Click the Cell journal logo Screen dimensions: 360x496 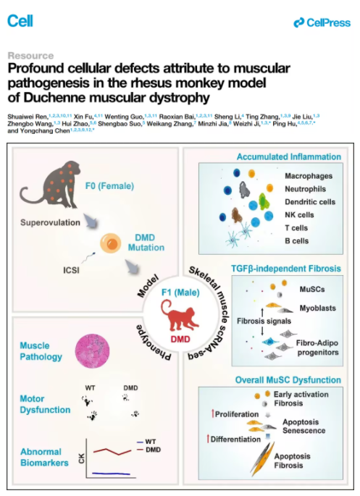[x=20, y=21]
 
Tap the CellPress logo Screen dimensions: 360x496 [x=322, y=22]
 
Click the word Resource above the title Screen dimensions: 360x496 [x=30, y=56]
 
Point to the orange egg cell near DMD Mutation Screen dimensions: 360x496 [x=111, y=243]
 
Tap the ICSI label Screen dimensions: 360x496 [x=71, y=270]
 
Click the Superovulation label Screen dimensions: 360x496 [x=50, y=222]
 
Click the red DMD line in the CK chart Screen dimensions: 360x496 [x=112, y=451]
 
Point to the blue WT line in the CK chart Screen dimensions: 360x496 [x=111, y=474]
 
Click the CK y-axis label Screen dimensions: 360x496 [x=81, y=458]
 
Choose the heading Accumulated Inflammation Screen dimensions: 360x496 [x=289, y=156]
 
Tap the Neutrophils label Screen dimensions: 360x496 [x=305, y=189]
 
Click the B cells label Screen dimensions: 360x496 [x=297, y=240]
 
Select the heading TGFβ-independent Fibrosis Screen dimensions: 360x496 [x=286, y=269]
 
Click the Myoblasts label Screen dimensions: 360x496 [x=317, y=308]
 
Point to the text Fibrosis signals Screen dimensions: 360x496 [x=264, y=321]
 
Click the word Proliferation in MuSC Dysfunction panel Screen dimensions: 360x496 [x=237, y=414]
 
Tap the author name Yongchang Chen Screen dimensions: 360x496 [x=45, y=131]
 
